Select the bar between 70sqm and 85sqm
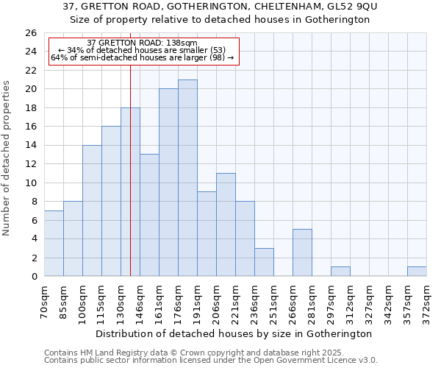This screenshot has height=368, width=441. pyautogui.click(x=54, y=243)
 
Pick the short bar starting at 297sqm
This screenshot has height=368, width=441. pyautogui.click(x=340, y=271)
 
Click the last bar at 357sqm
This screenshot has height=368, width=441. pyautogui.click(x=417, y=271)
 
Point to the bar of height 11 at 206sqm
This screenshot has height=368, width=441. pyautogui.click(x=226, y=224)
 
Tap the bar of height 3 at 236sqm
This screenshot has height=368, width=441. pyautogui.click(x=264, y=262)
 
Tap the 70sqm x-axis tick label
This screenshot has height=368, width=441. pyautogui.click(x=45, y=302)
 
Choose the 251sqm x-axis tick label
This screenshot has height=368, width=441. pyautogui.click(x=274, y=302)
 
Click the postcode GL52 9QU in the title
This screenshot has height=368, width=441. pyautogui.click(x=351, y=7)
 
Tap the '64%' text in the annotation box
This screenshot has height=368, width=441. pyautogui.click(x=59, y=57)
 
